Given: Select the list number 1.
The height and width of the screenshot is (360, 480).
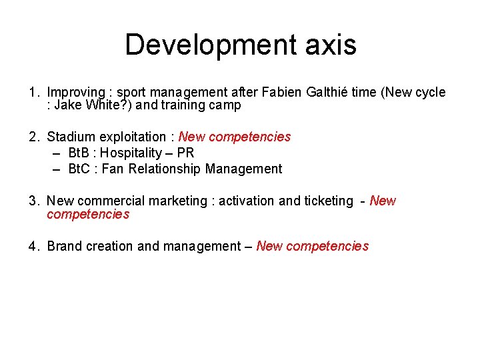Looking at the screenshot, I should click(33, 93).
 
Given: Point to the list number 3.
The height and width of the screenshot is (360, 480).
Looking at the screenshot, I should click(33, 201).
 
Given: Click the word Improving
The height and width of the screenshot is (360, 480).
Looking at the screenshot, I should click(76, 93).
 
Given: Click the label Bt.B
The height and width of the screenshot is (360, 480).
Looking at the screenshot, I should click(81, 153).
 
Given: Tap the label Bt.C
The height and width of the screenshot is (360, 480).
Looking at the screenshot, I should click(81, 169).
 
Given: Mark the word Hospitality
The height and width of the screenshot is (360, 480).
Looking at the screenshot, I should click(134, 153).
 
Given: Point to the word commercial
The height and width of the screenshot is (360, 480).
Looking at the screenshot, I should click(111, 201).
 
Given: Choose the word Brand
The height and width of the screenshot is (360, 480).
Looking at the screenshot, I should click(64, 247).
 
